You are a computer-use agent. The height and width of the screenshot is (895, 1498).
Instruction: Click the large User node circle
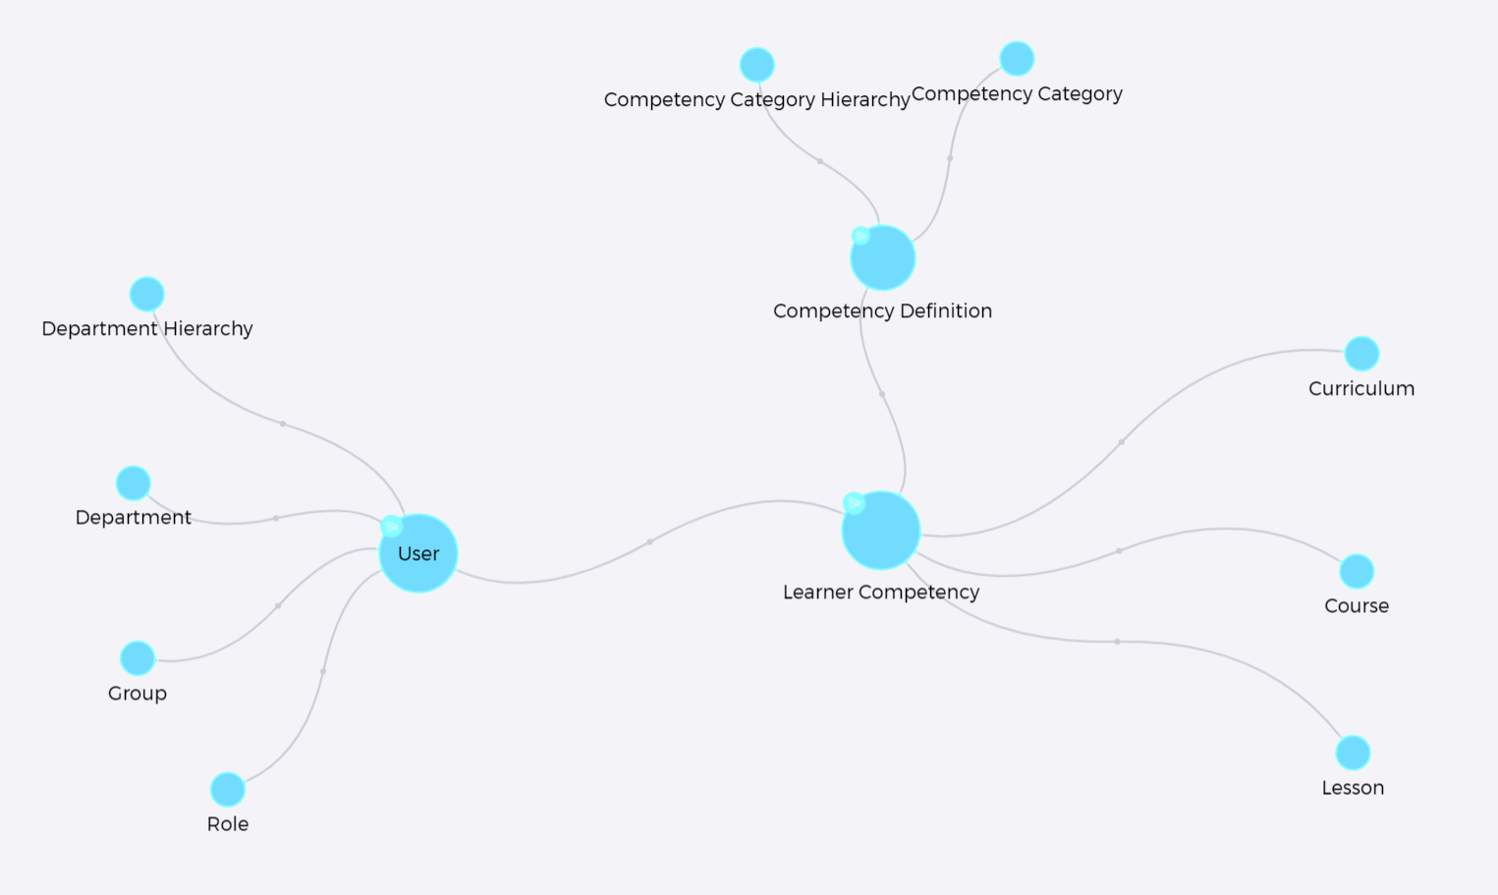pos(418,553)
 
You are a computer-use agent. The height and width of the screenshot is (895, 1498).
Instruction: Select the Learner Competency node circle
pos(881,531)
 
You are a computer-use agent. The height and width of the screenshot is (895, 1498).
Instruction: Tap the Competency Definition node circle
pos(883,257)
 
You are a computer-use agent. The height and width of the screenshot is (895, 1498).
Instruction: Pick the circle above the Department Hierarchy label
pos(147,295)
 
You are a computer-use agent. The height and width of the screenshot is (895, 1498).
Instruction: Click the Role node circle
pos(228,789)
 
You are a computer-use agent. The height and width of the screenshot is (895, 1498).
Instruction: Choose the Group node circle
pos(138,658)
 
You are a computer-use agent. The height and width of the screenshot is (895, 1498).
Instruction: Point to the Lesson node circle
pos(1353,753)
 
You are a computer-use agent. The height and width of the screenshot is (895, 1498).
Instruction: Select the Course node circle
pos(1357,571)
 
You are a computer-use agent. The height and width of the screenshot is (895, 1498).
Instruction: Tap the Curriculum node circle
pos(1362,353)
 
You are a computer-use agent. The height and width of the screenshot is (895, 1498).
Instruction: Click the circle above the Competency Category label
pos(1018,58)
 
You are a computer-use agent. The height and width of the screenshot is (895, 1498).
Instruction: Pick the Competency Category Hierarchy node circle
pos(757,65)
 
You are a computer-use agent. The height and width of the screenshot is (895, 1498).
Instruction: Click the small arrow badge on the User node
pos(391,527)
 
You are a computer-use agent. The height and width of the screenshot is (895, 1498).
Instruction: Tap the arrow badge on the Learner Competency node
pos(854,503)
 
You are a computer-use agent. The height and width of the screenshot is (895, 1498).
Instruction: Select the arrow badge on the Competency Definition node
pos(861,236)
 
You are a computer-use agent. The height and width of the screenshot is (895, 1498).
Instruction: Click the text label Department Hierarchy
pos(147,328)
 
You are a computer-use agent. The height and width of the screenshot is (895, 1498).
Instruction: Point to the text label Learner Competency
pos(881,592)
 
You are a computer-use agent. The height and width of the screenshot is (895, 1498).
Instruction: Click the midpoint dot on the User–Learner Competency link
pos(650,542)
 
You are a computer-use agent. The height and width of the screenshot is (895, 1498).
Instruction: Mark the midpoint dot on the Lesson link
pos(1117,642)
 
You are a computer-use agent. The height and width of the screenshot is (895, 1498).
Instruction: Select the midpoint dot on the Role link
pos(323,672)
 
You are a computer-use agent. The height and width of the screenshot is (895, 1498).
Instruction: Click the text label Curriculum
pos(1361,389)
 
